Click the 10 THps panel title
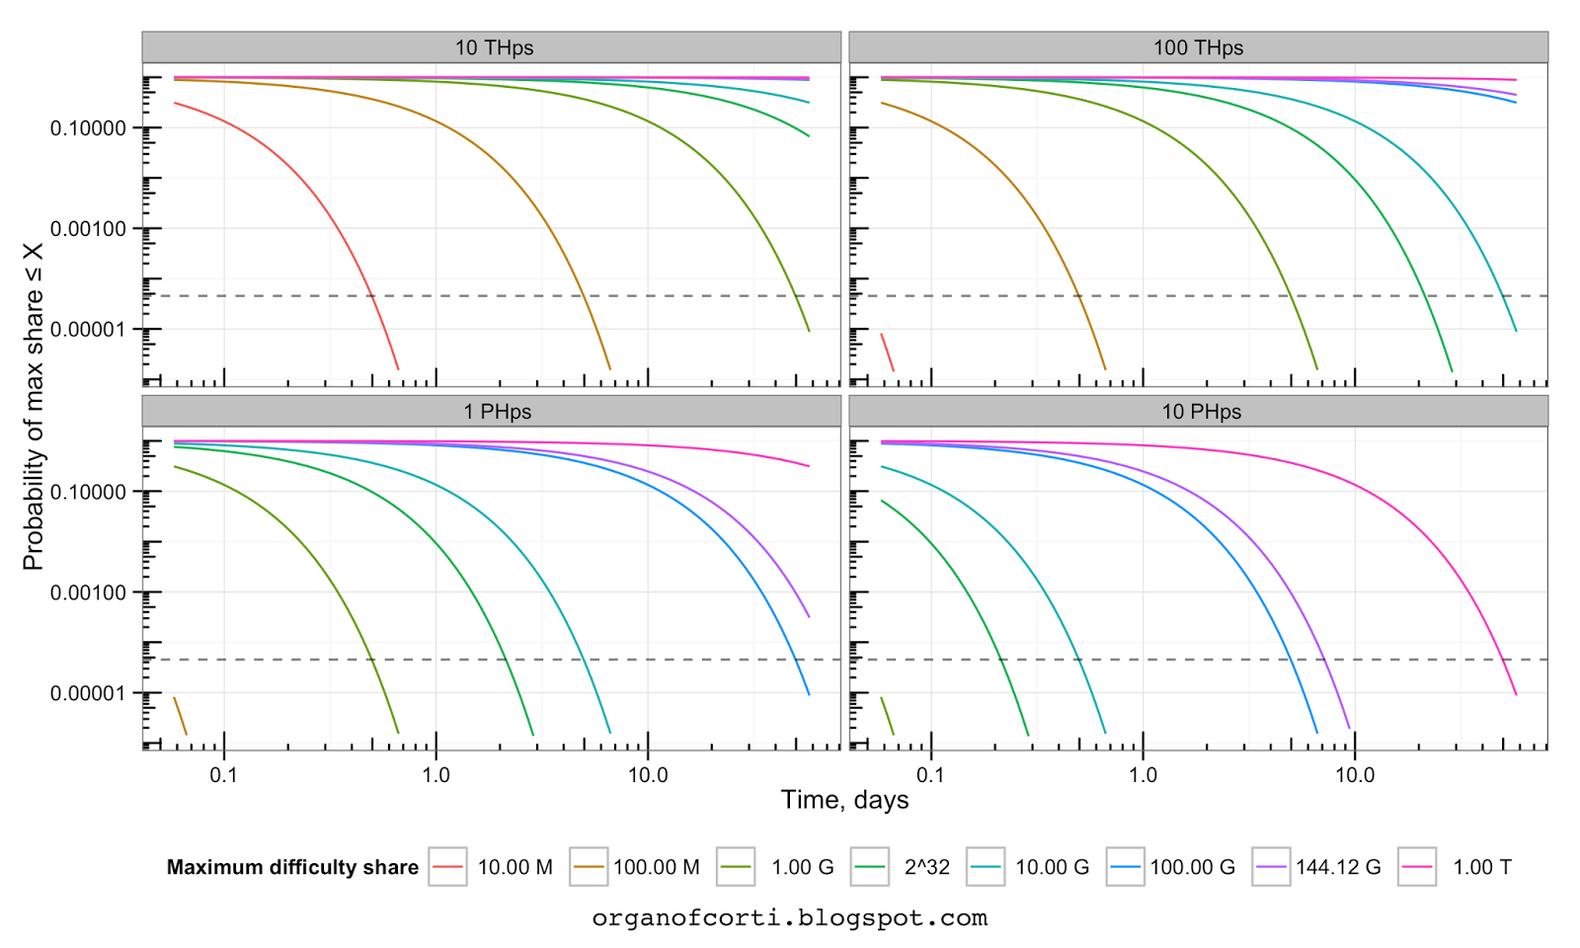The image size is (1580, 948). pyautogui.click(x=494, y=47)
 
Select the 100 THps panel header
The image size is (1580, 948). pyautogui.click(x=1198, y=47)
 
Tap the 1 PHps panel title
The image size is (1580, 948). pyautogui.click(x=497, y=412)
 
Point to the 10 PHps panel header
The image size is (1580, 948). pyautogui.click(x=1201, y=412)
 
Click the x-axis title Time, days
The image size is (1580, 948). pyautogui.click(x=844, y=800)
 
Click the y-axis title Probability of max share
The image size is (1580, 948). pyautogui.click(x=34, y=405)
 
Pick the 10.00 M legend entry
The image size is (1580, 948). pyautogui.click(x=514, y=867)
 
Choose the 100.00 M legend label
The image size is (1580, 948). pyautogui.click(x=656, y=867)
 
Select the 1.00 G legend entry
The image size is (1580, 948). pyautogui.click(x=802, y=867)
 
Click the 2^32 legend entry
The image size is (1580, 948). pyautogui.click(x=926, y=867)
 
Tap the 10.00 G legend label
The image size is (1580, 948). pyautogui.click(x=1052, y=867)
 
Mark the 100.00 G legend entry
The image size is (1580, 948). pyautogui.click(x=1192, y=867)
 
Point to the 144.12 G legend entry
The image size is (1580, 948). pyautogui.click(x=1338, y=867)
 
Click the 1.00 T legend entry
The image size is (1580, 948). pyautogui.click(x=1481, y=867)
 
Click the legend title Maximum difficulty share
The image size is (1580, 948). pyautogui.click(x=292, y=867)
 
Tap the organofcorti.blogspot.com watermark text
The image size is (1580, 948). pyautogui.click(x=789, y=918)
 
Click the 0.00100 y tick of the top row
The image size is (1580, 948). pyautogui.click(x=88, y=229)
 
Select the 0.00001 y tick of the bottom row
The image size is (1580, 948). pyautogui.click(x=88, y=693)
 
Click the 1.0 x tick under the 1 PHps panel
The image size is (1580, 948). pyautogui.click(x=435, y=775)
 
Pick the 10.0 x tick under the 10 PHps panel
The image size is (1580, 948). pyautogui.click(x=1355, y=775)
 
